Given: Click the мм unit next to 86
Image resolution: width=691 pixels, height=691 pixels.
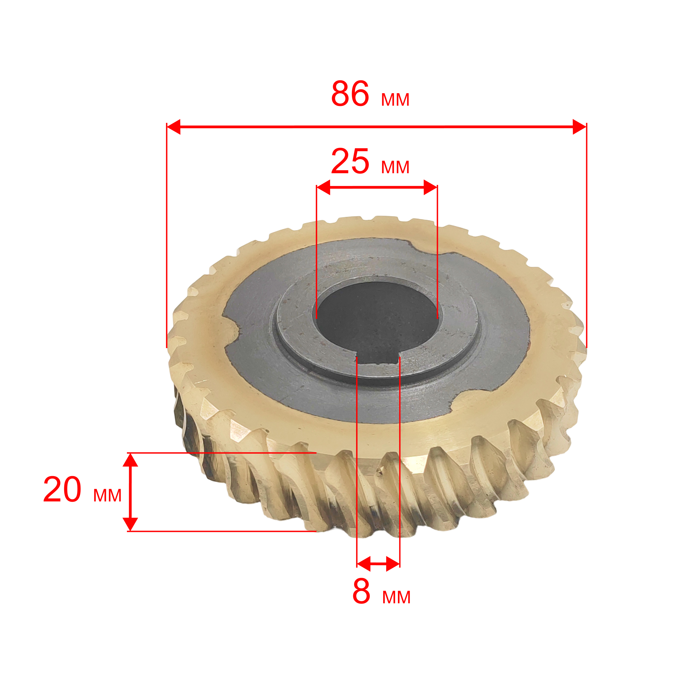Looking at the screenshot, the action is pos(395,100).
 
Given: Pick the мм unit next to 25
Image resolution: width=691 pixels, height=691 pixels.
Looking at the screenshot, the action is pos(395,168).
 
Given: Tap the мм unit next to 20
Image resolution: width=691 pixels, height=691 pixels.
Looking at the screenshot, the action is pos(107,496).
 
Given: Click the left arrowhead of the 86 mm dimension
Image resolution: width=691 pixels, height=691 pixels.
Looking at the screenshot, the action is pos(174,127).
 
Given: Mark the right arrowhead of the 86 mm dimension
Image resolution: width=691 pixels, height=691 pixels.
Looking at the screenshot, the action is pos(579,127).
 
